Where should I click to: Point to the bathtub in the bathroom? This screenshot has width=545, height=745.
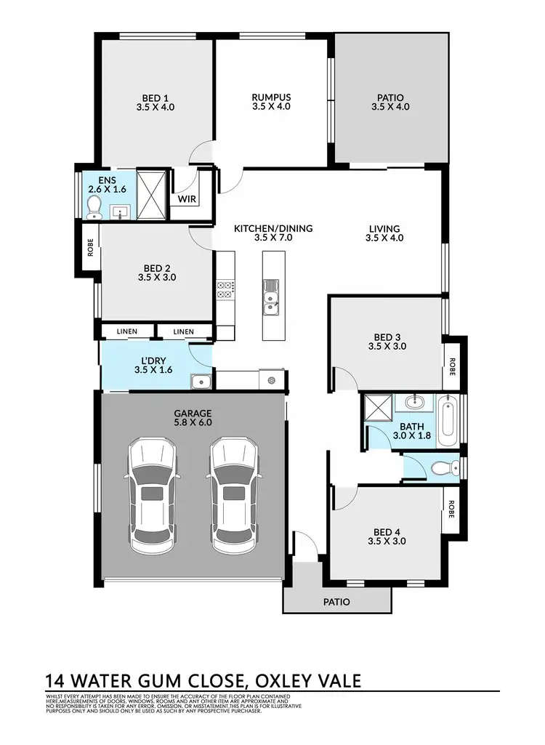[445, 420]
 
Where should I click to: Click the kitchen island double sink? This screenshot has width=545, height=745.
[271, 298]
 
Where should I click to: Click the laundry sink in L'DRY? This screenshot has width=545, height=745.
[200, 382]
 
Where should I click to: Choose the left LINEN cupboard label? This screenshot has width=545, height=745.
[126, 332]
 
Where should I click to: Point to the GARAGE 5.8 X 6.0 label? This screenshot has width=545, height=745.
[193, 417]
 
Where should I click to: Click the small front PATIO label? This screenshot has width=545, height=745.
[336, 602]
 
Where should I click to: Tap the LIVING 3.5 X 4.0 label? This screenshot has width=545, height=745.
[383, 233]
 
